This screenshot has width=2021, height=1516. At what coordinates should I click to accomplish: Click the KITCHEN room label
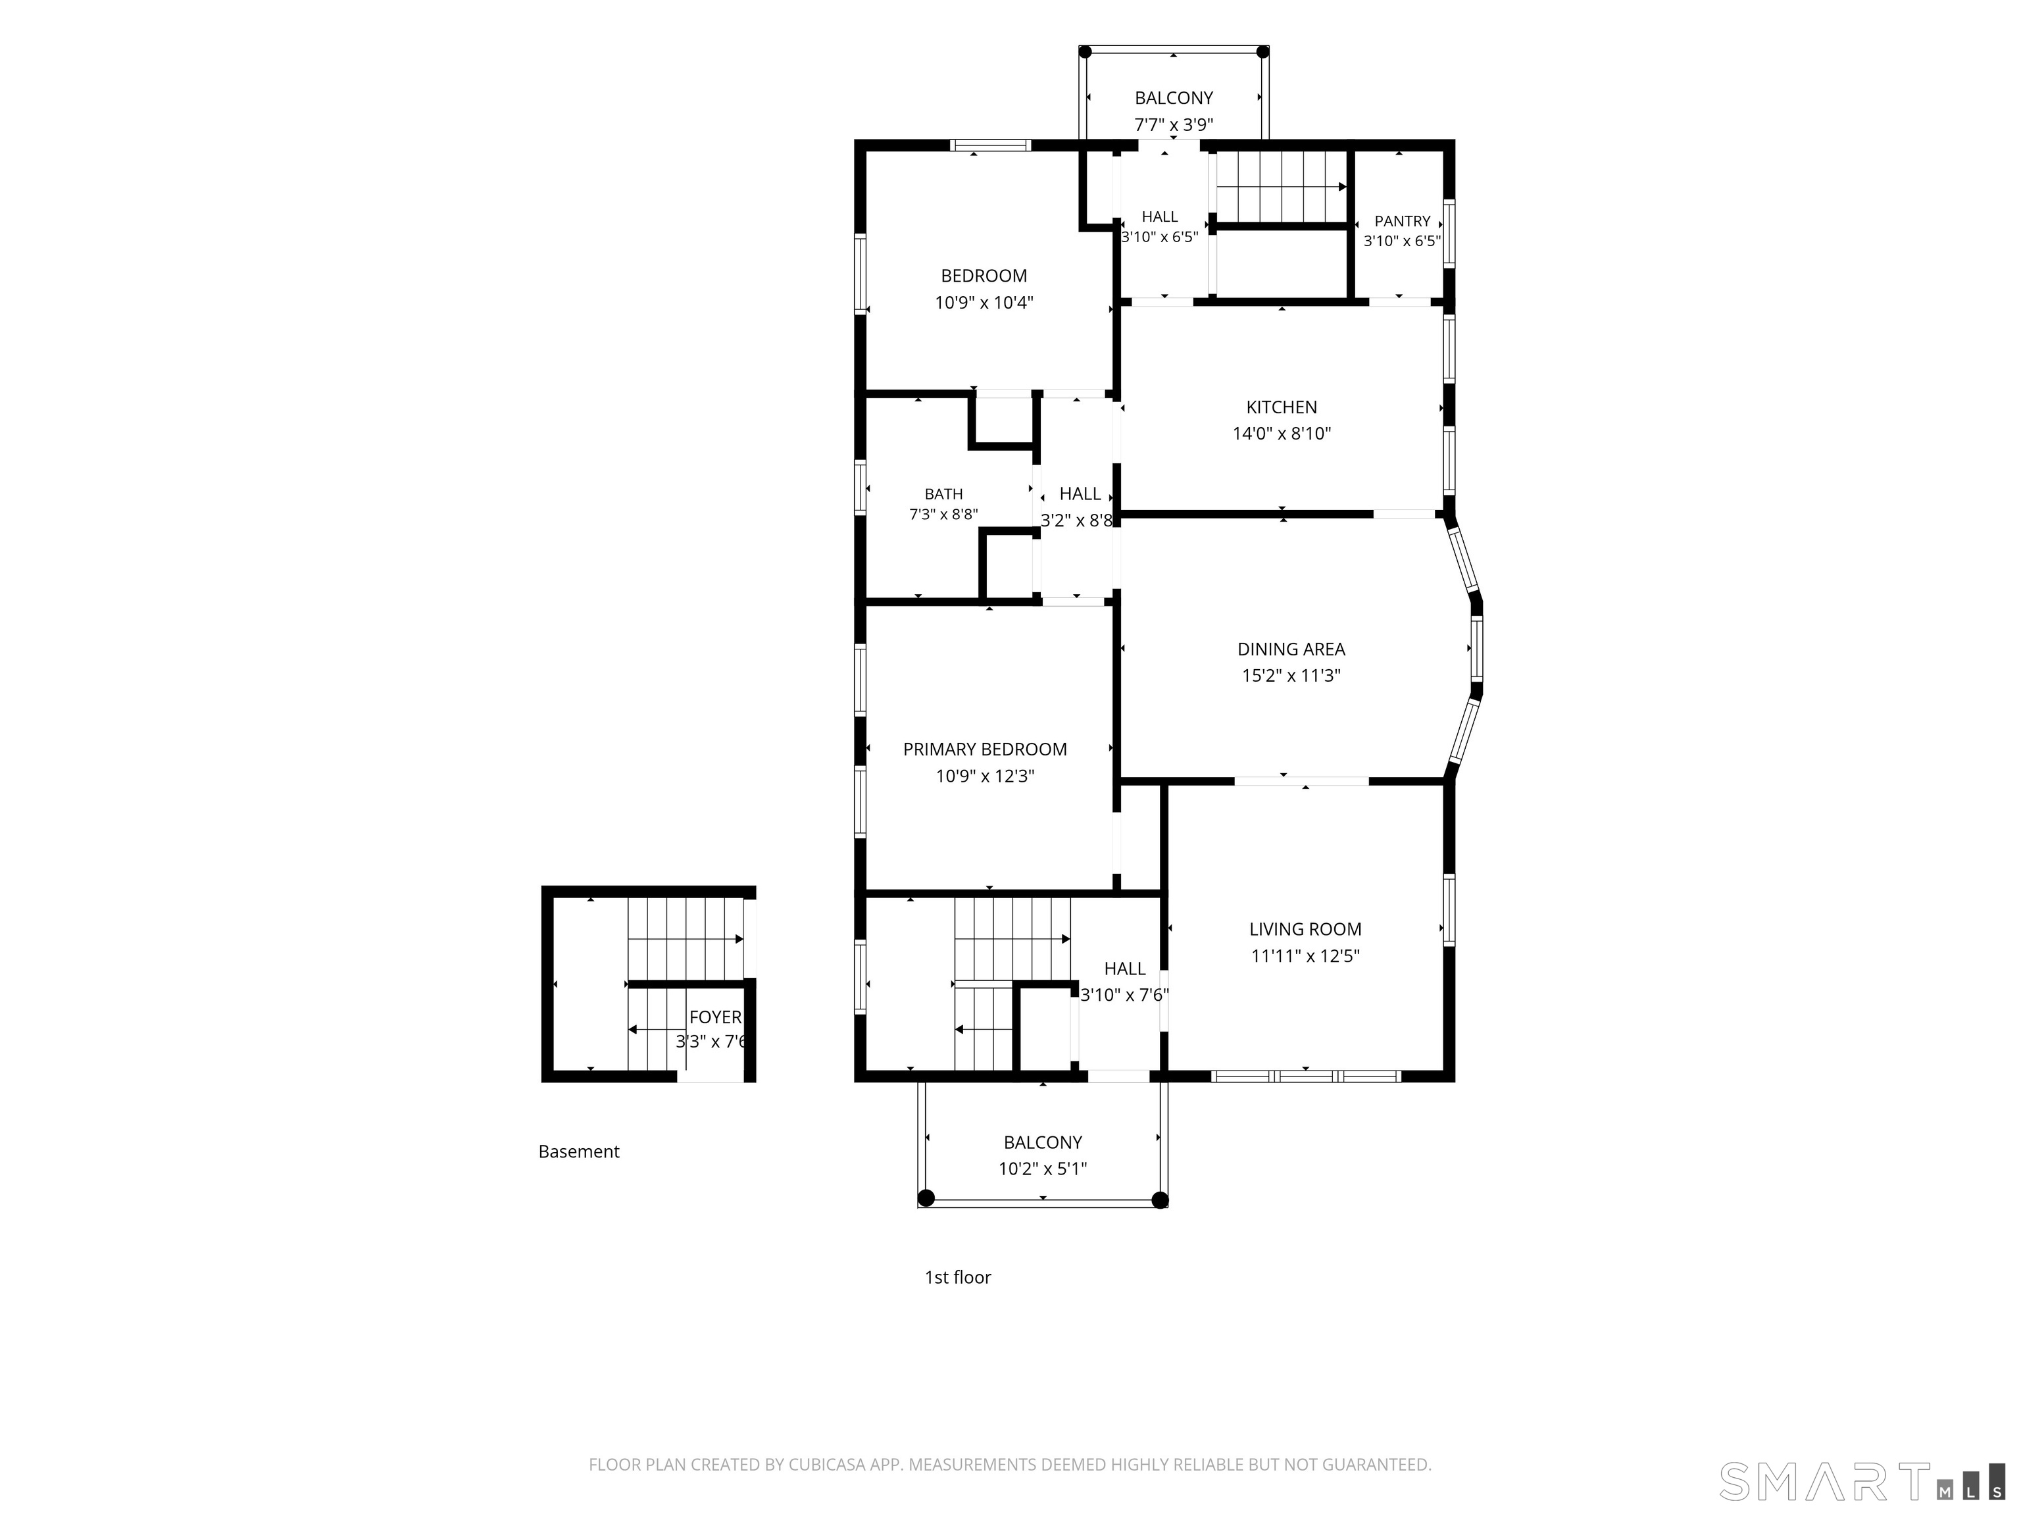[1281, 407]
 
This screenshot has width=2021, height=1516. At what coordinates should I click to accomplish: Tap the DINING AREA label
[1291, 649]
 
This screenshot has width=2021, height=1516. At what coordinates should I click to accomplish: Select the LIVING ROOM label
[1305, 929]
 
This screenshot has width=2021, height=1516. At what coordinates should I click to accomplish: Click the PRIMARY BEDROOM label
[985, 749]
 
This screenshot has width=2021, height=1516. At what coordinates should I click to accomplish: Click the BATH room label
[943, 494]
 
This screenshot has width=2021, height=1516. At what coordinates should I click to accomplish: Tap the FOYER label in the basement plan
[714, 1017]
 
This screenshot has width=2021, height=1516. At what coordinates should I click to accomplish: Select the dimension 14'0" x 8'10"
[1281, 434]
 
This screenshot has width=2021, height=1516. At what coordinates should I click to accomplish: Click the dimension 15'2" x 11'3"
[1291, 676]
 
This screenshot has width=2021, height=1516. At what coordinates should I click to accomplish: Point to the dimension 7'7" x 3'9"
[1173, 125]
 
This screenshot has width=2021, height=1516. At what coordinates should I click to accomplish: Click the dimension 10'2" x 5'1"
[1043, 1169]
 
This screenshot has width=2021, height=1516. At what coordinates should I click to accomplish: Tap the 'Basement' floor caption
[578, 1151]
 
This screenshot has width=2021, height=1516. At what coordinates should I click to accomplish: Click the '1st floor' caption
[957, 1278]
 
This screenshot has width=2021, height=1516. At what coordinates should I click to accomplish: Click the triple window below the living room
[1306, 1076]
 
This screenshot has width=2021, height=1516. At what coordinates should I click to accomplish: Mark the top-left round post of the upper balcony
[1085, 52]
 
